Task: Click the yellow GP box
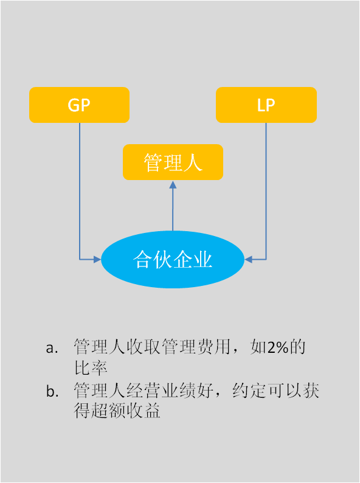pos(79,105)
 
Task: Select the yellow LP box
pos(266,105)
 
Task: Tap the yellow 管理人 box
pos(173,162)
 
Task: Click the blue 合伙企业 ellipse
pos(173,259)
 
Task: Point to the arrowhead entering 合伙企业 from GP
pos(98,259)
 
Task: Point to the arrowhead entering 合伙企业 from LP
pos(248,259)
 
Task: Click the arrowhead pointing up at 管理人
pos(173,184)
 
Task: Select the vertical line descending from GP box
pos(80,191)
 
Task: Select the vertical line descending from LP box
pos(266,191)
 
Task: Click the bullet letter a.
pos(52,348)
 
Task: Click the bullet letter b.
pos(52,391)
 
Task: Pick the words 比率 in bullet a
pos(91,368)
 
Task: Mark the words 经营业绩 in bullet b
pos(161,391)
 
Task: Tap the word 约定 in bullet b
pos(249,391)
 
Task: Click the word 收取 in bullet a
pos(143,347)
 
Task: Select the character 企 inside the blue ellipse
pos(182,259)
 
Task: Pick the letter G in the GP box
pos(74,105)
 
